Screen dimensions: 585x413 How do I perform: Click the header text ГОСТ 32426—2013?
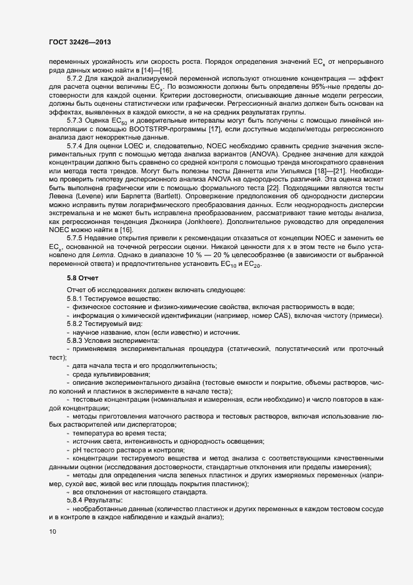click(81, 44)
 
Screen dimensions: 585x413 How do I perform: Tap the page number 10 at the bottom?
click(52, 532)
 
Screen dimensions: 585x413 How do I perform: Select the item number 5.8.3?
click(74, 339)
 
